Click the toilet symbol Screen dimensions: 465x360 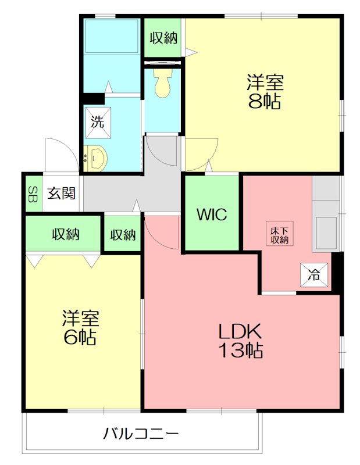click(162, 84)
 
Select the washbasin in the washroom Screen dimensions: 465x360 click(95, 158)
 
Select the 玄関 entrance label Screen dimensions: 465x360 click(61, 193)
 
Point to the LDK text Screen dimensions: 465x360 click(241, 332)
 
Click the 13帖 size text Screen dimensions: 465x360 click(241, 350)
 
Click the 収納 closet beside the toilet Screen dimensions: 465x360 click(163, 38)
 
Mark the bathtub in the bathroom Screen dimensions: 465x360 click(111, 38)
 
